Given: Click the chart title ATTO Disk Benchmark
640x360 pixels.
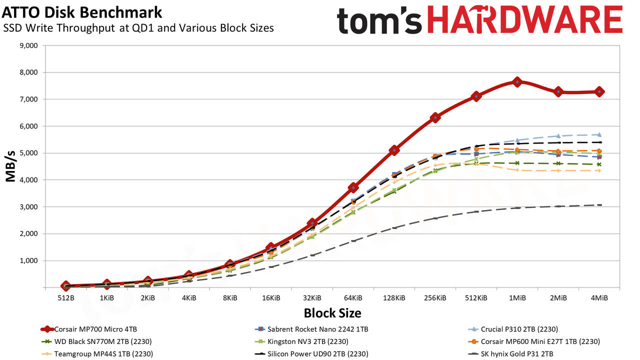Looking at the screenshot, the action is coord(82,12).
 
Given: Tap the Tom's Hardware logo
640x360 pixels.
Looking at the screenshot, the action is coord(479,20).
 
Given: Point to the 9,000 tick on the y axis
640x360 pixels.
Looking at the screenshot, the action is coord(29,45).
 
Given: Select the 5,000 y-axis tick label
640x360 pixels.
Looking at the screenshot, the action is coord(29,153).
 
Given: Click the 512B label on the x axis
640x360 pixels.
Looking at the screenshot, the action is coord(66,298).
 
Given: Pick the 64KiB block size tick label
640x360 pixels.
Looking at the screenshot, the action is coord(353,298).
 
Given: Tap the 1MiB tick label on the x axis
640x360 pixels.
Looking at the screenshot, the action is coord(517,298).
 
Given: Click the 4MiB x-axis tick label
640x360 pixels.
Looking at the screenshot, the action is coord(599,298).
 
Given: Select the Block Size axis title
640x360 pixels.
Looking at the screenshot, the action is coord(332,313).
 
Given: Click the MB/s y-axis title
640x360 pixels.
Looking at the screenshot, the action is coord(10,166).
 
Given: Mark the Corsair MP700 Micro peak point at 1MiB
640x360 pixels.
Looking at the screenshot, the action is coord(517,82).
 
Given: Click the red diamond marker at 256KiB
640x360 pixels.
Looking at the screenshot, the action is coord(435,117).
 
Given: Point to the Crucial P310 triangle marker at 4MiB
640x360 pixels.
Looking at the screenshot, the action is coord(599,134).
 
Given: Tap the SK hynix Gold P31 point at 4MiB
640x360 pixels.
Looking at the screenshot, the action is coord(599,205).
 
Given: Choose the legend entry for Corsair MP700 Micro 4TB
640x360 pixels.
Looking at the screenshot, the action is coord(89,329).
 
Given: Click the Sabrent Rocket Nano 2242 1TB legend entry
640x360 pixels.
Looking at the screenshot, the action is coord(311,329).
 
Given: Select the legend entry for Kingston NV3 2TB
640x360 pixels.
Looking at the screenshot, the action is coord(301,341).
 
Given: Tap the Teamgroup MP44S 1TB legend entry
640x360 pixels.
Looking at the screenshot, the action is coord(97,353).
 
